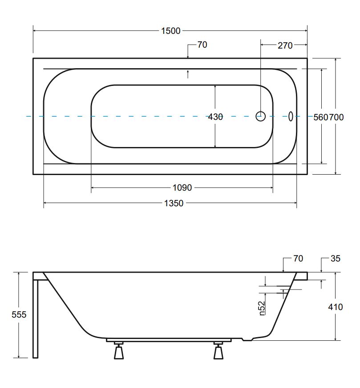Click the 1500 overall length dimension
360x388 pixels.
170,31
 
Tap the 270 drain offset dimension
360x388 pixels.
285,45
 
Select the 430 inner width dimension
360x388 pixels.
215,117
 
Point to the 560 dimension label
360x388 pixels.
321,117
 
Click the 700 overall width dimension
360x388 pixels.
336,117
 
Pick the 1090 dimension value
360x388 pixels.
182,188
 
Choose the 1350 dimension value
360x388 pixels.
174,204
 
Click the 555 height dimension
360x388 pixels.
19,314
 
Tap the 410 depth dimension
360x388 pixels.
335,307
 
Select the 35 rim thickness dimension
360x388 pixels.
336,258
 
